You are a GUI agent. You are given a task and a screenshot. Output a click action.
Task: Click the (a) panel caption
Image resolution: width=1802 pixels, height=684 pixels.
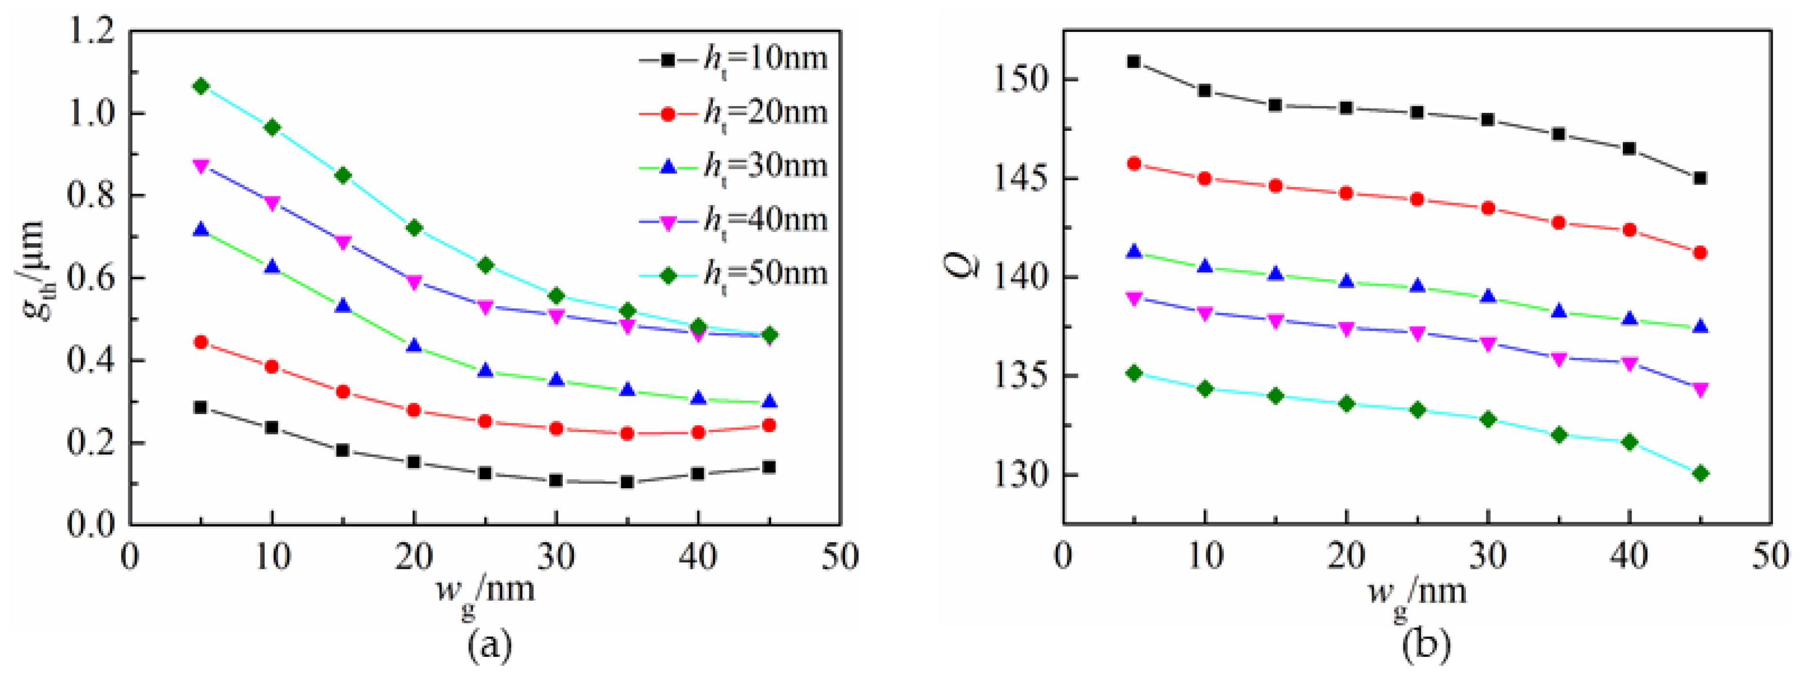click(489, 645)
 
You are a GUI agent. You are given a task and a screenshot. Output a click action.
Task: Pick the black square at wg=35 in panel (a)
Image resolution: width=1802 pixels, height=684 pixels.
click(628, 482)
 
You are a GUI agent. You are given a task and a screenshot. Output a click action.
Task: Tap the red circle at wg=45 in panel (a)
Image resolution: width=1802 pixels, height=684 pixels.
click(769, 425)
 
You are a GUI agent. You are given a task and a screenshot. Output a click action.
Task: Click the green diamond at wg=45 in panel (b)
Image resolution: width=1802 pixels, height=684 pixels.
click(1701, 474)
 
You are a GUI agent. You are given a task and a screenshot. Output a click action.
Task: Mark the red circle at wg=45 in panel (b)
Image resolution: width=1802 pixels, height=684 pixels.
click(1701, 252)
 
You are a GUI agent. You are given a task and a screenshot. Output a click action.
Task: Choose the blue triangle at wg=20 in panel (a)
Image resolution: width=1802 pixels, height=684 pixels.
click(414, 345)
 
